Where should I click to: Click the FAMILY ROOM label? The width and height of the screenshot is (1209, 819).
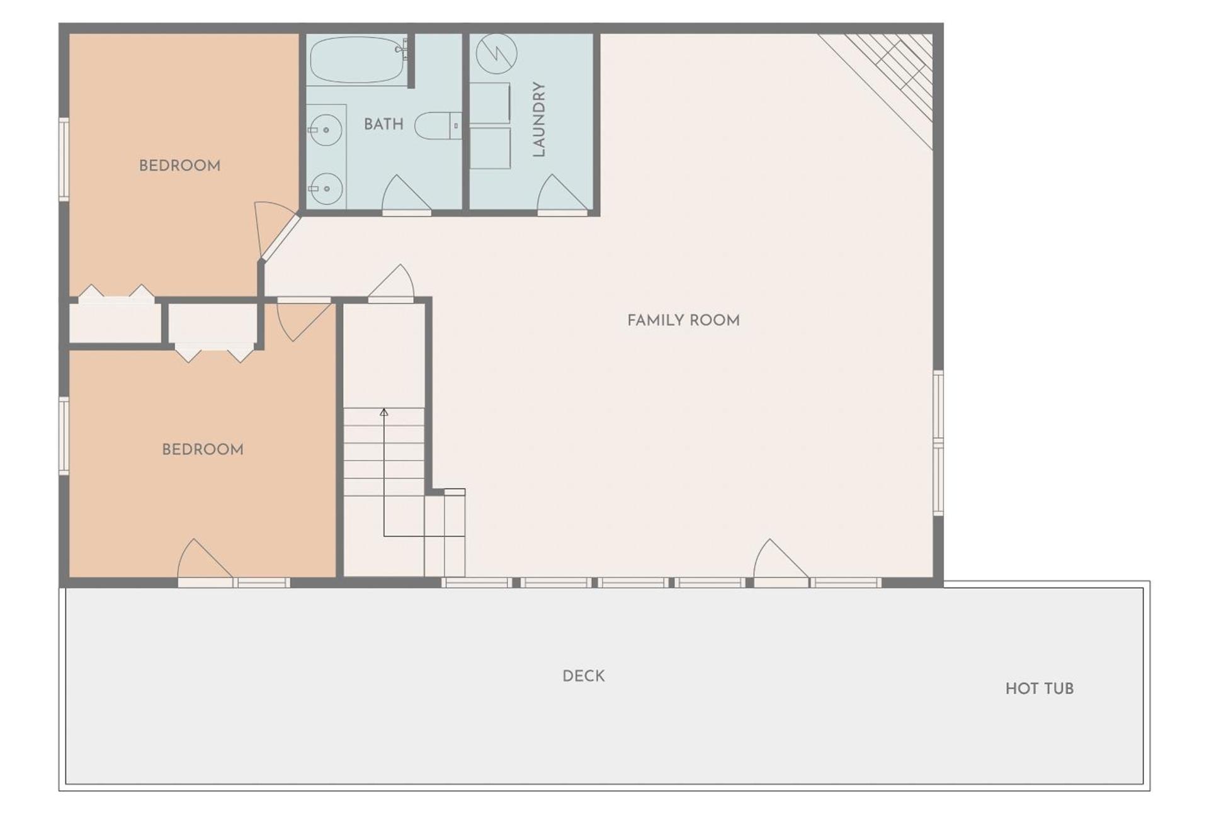683,320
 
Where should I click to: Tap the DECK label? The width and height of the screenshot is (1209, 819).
583,676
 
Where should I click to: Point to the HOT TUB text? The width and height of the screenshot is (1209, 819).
1039,689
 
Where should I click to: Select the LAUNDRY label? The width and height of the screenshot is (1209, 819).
538,119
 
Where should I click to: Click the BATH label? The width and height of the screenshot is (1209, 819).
383,124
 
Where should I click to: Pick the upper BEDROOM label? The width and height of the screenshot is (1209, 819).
179,166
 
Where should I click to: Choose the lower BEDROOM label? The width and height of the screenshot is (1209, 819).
203,449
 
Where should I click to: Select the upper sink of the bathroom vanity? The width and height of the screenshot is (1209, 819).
326,130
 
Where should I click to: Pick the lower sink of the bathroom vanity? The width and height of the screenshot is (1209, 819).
326,188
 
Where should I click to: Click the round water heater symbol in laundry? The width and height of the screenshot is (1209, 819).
497,54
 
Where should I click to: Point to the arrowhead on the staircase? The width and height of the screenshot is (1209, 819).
384,412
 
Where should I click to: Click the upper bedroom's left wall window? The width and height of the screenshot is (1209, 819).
64,159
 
